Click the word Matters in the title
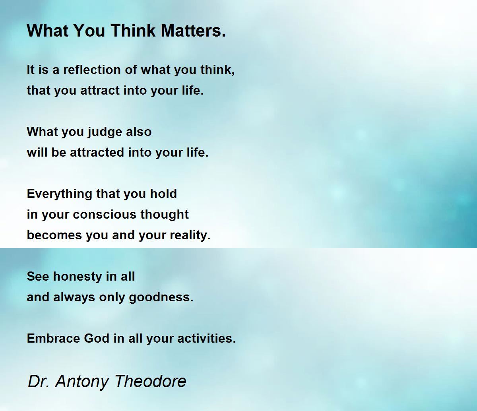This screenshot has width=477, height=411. pyautogui.click(x=193, y=31)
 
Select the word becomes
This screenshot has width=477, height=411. pyautogui.click(x=54, y=235)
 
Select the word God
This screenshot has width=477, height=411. pyautogui.click(x=97, y=338)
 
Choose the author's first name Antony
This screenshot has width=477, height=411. pyautogui.click(x=82, y=382)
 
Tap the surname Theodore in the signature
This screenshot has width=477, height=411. pyautogui.click(x=150, y=381)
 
